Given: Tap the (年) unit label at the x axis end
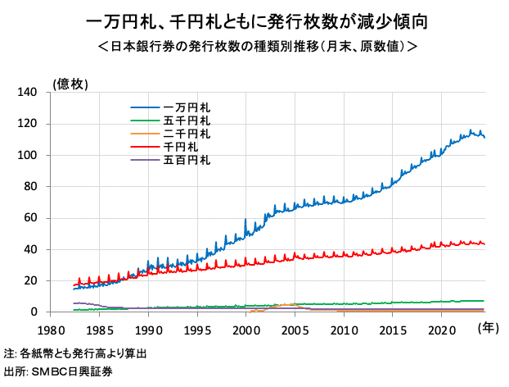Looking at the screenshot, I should [487, 329].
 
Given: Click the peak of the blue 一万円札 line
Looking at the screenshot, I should [471, 130].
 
